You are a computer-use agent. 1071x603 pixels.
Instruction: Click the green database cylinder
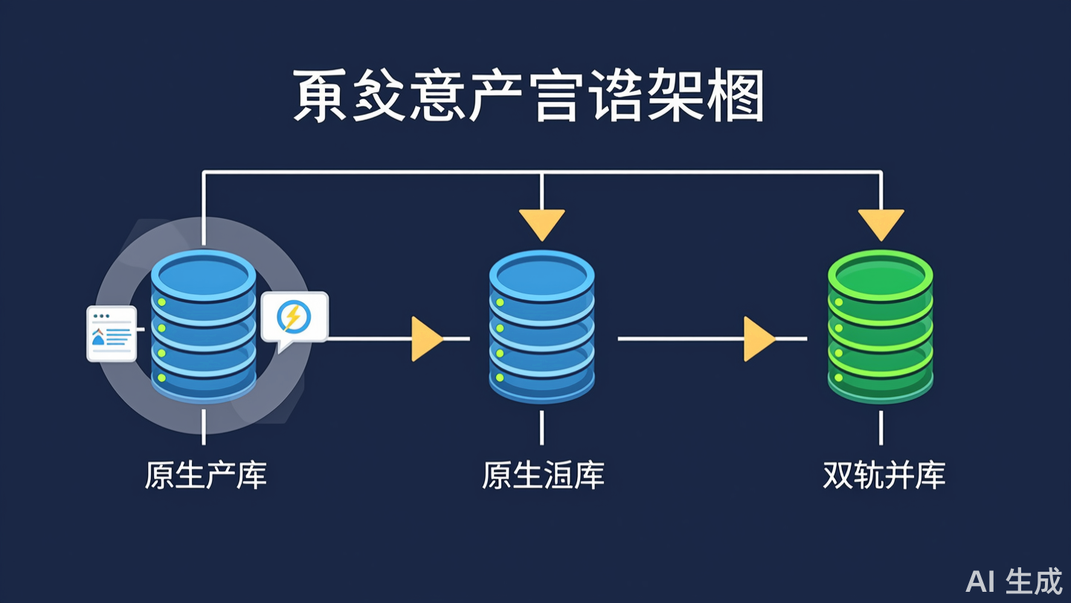click(881, 328)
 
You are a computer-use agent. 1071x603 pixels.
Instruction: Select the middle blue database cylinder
click(541, 328)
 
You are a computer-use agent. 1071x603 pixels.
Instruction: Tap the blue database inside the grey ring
click(203, 328)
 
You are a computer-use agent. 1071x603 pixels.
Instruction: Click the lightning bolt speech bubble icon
click(293, 319)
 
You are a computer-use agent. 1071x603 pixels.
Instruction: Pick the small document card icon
click(112, 334)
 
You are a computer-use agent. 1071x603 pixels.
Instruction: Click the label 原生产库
click(205, 476)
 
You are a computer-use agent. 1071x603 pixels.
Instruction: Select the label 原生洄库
click(543, 476)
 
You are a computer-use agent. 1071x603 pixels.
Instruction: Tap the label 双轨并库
click(884, 476)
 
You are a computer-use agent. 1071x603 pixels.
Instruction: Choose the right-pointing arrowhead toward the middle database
click(426, 339)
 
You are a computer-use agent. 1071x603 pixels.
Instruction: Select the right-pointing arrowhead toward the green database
click(758, 339)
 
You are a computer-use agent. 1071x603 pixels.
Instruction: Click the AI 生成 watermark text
click(1014, 581)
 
